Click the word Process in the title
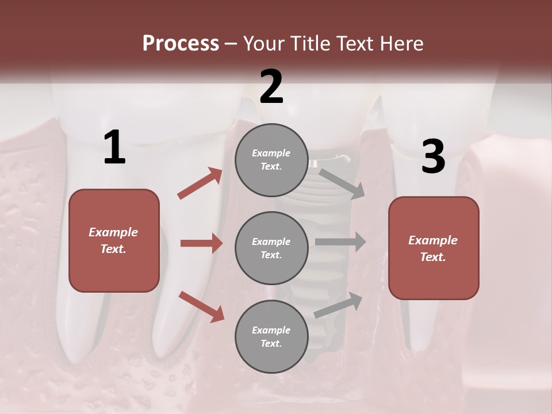(181, 44)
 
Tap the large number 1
(114, 148)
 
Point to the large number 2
(271, 87)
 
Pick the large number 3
(433, 157)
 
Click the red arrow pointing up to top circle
(200, 183)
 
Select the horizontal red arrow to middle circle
(201, 243)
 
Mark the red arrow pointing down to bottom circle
(202, 306)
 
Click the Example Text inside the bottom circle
(271, 337)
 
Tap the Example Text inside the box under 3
(433, 248)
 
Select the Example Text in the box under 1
(113, 240)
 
